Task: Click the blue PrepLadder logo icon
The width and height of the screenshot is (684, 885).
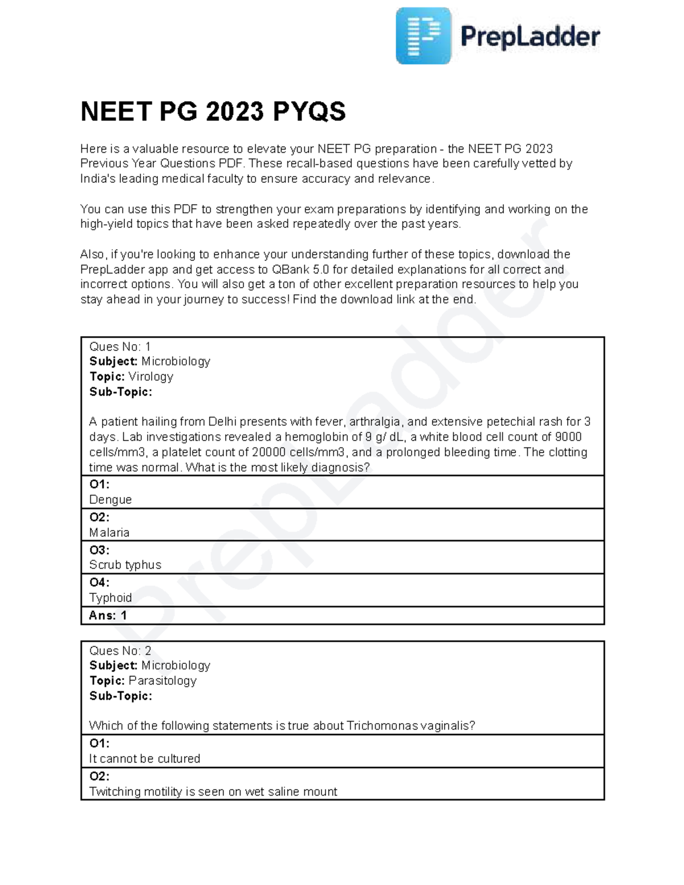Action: (423, 36)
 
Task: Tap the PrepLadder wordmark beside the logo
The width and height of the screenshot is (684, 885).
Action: (530, 37)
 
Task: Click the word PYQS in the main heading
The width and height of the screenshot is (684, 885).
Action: (309, 112)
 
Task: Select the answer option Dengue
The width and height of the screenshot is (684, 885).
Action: (111, 500)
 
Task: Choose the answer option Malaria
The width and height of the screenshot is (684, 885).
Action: (109, 533)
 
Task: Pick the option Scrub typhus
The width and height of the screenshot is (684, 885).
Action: (125, 565)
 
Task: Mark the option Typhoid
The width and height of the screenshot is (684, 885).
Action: (111, 598)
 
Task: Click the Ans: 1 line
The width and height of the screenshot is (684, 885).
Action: (108, 615)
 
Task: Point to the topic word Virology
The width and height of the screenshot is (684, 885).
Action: (150, 377)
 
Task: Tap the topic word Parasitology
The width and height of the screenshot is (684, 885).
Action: (162, 681)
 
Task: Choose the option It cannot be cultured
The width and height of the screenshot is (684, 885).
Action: (145, 759)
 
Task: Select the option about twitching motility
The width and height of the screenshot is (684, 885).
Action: (213, 792)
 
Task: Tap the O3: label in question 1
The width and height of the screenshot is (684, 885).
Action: (99, 550)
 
